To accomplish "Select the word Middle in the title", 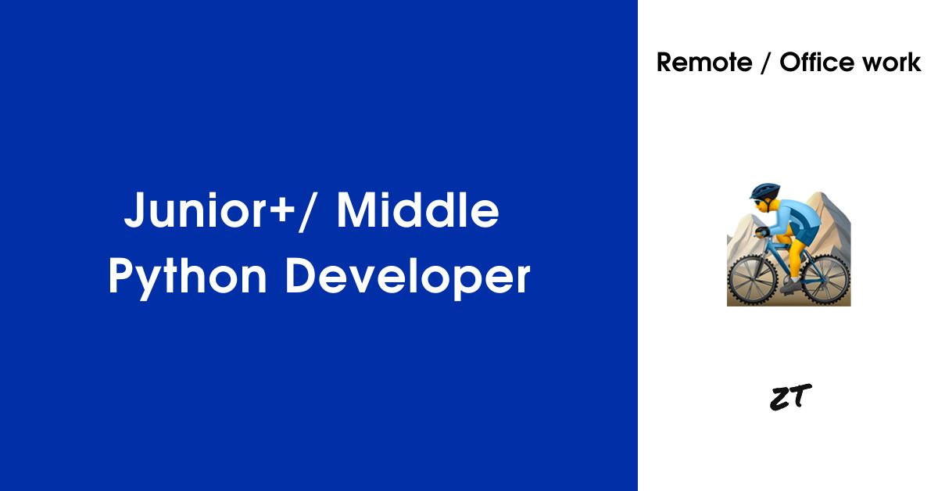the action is [x=418, y=210].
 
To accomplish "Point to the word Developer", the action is [x=407, y=278].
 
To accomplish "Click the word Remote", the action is [x=704, y=63].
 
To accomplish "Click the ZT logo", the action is [x=790, y=397].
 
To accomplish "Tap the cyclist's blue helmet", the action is [x=765, y=191].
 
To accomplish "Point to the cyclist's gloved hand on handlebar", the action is [x=763, y=231].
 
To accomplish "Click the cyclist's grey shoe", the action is [x=790, y=285].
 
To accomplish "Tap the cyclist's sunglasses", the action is [x=759, y=203].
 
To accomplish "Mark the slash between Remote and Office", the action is [x=765, y=63].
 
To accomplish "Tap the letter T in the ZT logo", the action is [x=800, y=395].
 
